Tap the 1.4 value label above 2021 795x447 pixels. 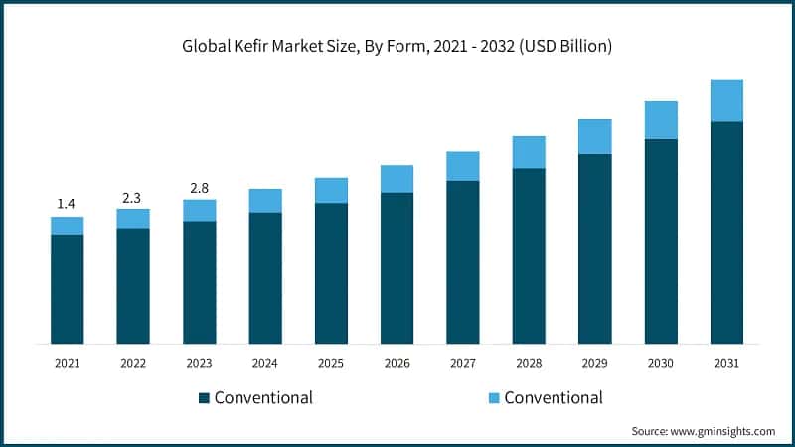click(67, 204)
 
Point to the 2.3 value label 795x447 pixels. click(133, 196)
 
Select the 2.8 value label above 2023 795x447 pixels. click(199, 187)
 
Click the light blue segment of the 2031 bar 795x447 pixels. click(726, 100)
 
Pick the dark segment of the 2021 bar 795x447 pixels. click(67, 289)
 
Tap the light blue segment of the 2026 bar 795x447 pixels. click(397, 178)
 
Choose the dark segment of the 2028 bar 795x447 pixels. click(529, 255)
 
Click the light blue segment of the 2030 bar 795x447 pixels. click(661, 119)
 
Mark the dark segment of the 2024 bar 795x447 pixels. click(265, 277)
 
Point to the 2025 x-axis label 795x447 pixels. click(331, 364)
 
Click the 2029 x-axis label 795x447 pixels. click(594, 364)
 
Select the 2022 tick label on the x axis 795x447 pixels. click(133, 364)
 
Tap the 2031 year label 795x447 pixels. click(726, 364)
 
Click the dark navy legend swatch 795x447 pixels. click(204, 398)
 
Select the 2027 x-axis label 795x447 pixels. click(462, 364)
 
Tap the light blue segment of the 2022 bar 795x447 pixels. click(133, 219)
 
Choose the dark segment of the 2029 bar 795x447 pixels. click(594, 248)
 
